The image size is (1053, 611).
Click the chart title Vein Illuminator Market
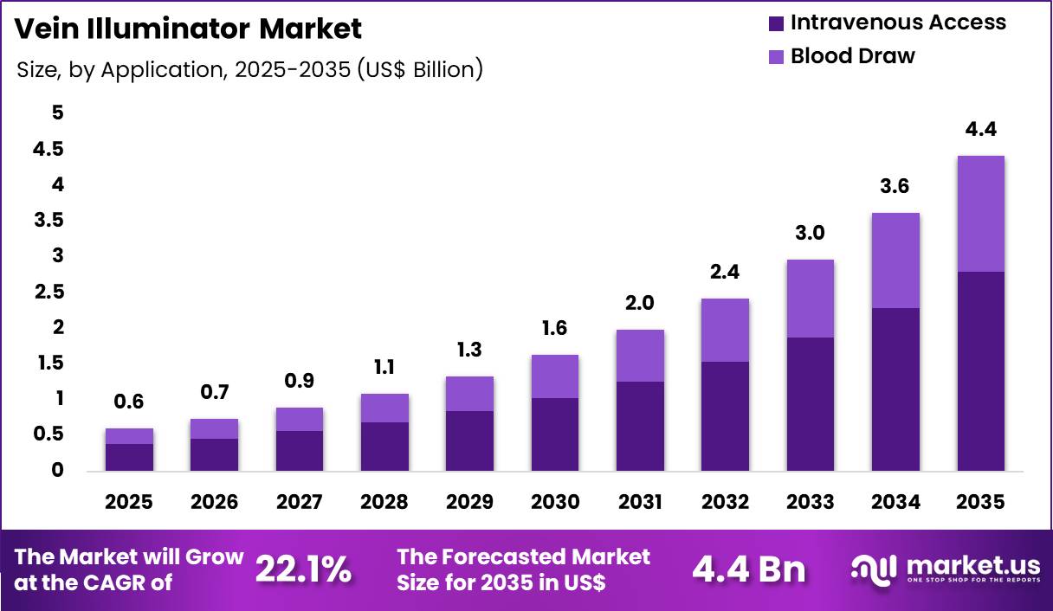(x=189, y=29)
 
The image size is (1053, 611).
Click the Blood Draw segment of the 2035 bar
(x=981, y=214)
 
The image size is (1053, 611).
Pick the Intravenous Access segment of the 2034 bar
(x=895, y=389)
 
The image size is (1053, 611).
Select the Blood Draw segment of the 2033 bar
(x=811, y=299)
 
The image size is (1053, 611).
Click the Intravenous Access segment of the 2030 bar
(x=554, y=434)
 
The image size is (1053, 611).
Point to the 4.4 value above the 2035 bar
(x=981, y=130)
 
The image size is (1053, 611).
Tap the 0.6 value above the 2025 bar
(x=129, y=402)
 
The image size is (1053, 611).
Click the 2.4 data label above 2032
(x=725, y=272)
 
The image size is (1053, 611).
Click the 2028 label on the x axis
(x=384, y=503)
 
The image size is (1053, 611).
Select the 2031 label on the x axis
(x=640, y=503)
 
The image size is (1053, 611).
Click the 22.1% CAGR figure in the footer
(x=304, y=569)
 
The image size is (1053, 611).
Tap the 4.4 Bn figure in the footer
(x=749, y=569)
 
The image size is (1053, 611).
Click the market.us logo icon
(x=875, y=569)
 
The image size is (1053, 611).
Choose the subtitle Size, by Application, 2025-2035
(x=249, y=69)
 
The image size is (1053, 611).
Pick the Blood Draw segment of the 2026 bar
(x=214, y=429)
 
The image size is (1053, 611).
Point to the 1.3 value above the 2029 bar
(x=469, y=351)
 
